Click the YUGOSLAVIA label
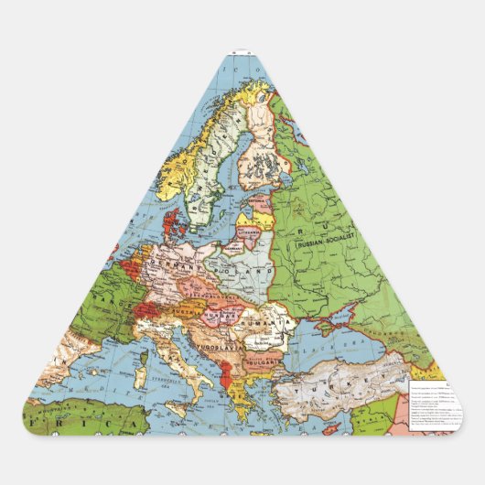click(x=223, y=347)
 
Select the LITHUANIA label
click(x=248, y=233)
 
